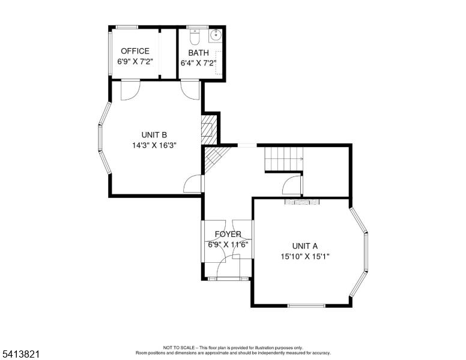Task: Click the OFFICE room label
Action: [135, 51]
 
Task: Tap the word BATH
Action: [198, 53]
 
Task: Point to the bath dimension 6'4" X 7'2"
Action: [198, 63]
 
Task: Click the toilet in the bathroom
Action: [193, 38]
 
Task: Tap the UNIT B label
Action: [154, 134]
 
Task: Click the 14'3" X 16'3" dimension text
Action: [154, 145]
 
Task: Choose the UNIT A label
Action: [304, 246]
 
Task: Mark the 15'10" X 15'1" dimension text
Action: [304, 257]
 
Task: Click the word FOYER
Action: [228, 234]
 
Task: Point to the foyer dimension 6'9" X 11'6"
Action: [228, 245]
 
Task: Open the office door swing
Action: [130, 89]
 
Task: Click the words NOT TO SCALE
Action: [180, 347]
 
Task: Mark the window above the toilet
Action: [194, 27]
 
